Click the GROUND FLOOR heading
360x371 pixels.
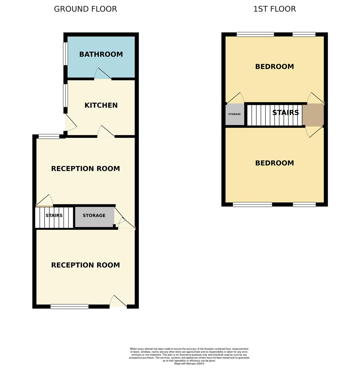[x=85, y=9]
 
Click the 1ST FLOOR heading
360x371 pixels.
[x=274, y=9]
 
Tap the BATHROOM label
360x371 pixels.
[x=101, y=54]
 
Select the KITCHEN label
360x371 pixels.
[x=101, y=105]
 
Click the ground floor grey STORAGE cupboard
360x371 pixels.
[x=94, y=216]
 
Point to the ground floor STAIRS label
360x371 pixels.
[x=54, y=216]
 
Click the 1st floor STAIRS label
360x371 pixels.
[x=285, y=113]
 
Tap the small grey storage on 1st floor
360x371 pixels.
[x=235, y=114]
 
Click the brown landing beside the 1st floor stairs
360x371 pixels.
[x=313, y=115]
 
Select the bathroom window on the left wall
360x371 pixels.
[x=65, y=54]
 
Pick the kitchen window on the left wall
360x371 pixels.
[x=65, y=95]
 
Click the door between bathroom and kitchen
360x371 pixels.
[x=103, y=75]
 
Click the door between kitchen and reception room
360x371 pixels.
[x=106, y=132]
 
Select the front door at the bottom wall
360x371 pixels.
[x=118, y=302]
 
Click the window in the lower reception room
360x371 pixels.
[x=69, y=306]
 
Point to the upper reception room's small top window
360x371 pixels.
[x=49, y=136]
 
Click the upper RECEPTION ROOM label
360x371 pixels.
[x=85, y=169]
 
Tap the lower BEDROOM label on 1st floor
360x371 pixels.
[x=274, y=163]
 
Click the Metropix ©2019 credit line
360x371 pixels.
[x=189, y=363]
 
